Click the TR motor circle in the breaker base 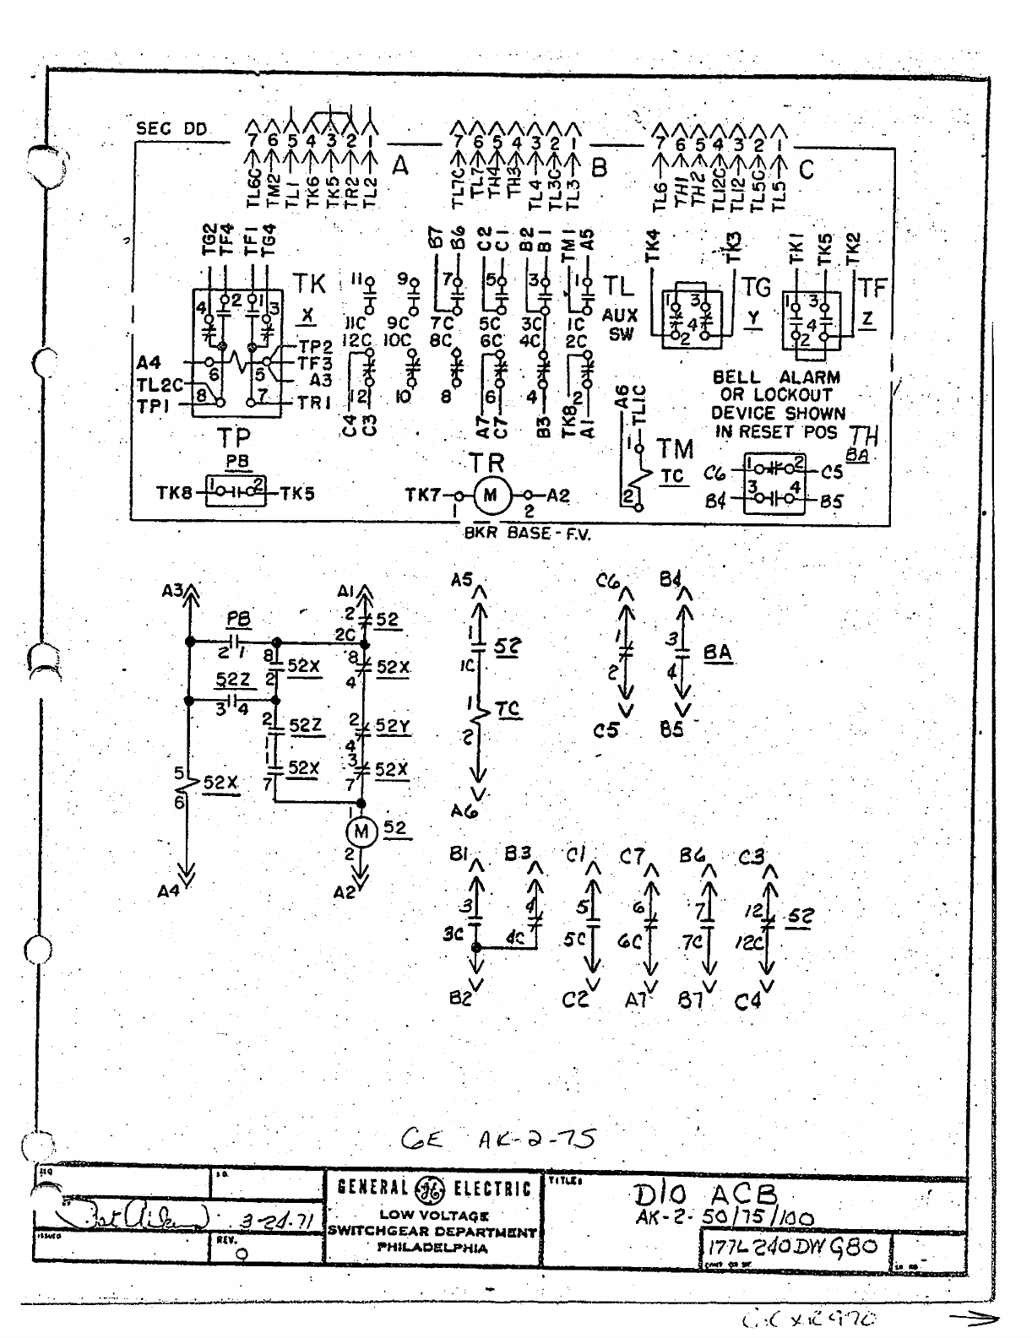coord(490,496)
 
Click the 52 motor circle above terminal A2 coord(361,832)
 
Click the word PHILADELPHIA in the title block coord(432,1247)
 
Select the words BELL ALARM coord(776,377)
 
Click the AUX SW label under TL coord(621,323)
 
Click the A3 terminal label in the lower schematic coord(173,592)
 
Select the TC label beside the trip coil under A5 coord(508,710)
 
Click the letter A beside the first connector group coord(400,168)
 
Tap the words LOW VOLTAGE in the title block coord(433,1216)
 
